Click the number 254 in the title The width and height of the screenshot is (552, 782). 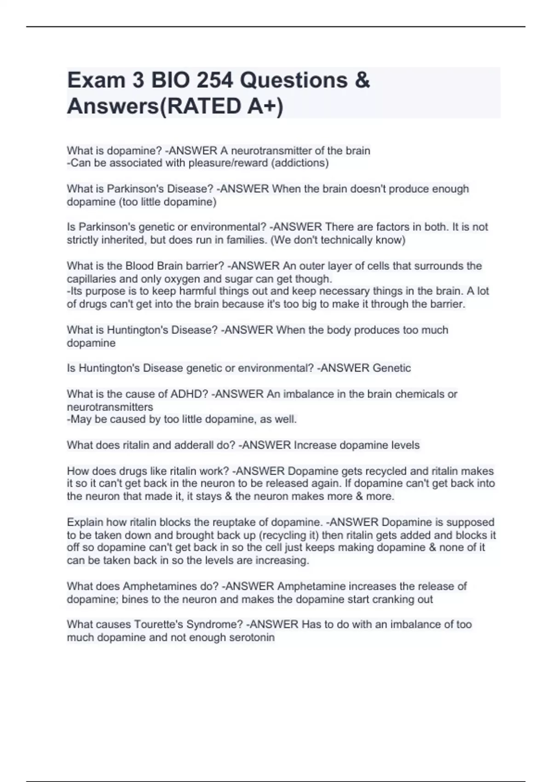pyautogui.click(x=215, y=80)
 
